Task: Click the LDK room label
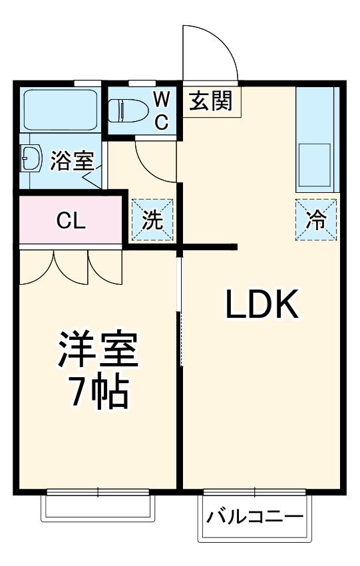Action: (262, 306)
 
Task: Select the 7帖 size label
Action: (98, 394)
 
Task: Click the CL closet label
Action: (71, 221)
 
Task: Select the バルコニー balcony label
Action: (254, 517)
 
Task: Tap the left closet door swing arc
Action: (39, 269)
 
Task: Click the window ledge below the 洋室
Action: (98, 509)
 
